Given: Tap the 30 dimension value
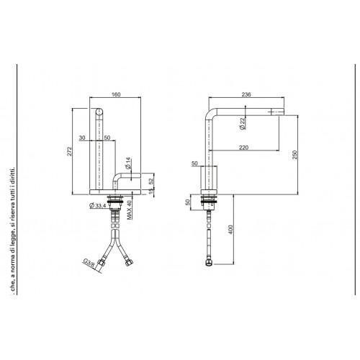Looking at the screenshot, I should tap(82, 138).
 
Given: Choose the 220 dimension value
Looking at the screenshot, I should tap(246, 146).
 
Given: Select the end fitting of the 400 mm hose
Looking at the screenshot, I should tap(209, 264).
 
